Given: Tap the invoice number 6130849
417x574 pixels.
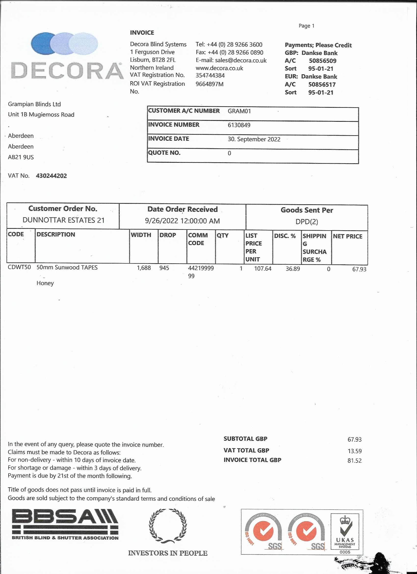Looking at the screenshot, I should pos(239,125).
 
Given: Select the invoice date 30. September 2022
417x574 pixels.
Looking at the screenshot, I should pos(254,139).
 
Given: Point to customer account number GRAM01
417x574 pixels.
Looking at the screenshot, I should pos(239,111).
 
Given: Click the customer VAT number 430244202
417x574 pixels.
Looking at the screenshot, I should pos(51,176).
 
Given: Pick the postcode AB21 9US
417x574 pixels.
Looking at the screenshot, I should pos(21,157).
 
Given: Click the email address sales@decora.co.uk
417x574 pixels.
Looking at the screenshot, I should pos(241,60).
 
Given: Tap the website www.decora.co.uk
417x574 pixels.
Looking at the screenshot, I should pos(219,68).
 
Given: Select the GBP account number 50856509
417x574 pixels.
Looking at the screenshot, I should pos(322,61).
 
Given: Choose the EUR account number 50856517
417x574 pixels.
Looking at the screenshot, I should pos(322,84).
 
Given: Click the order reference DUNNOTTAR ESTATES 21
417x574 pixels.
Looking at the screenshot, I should pos(64,220).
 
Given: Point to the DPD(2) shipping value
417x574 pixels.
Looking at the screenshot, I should pos(307,222).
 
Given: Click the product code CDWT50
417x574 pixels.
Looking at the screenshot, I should pos(19,267).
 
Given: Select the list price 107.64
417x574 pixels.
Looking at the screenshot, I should pos(263,269).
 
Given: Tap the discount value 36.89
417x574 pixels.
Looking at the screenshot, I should pos(293,269).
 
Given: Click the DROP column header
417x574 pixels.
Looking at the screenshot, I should pos(167,235).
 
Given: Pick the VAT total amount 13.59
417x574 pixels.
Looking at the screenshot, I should pos(354,451).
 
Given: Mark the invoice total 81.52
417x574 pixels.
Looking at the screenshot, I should pos(354,461).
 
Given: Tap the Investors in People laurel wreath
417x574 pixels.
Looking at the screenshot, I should pos(168,526).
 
